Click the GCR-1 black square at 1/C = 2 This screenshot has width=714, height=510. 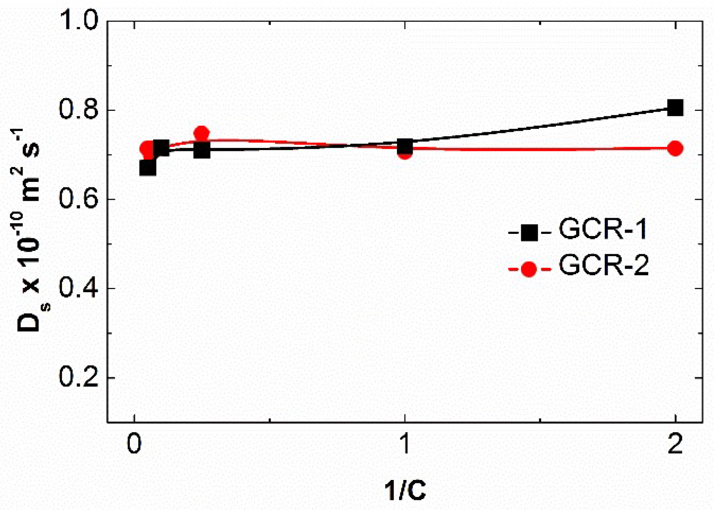coord(675,108)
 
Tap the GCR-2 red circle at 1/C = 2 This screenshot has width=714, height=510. coord(675,148)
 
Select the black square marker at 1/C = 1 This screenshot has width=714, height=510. coord(405,146)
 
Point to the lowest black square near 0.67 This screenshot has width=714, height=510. coord(148,168)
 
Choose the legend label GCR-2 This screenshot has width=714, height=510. coord(604,266)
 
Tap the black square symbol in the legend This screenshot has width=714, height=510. coord(529,233)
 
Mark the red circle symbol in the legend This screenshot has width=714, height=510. coord(529,269)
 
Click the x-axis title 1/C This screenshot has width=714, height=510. coord(405,491)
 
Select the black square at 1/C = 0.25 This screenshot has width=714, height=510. coord(202,150)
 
